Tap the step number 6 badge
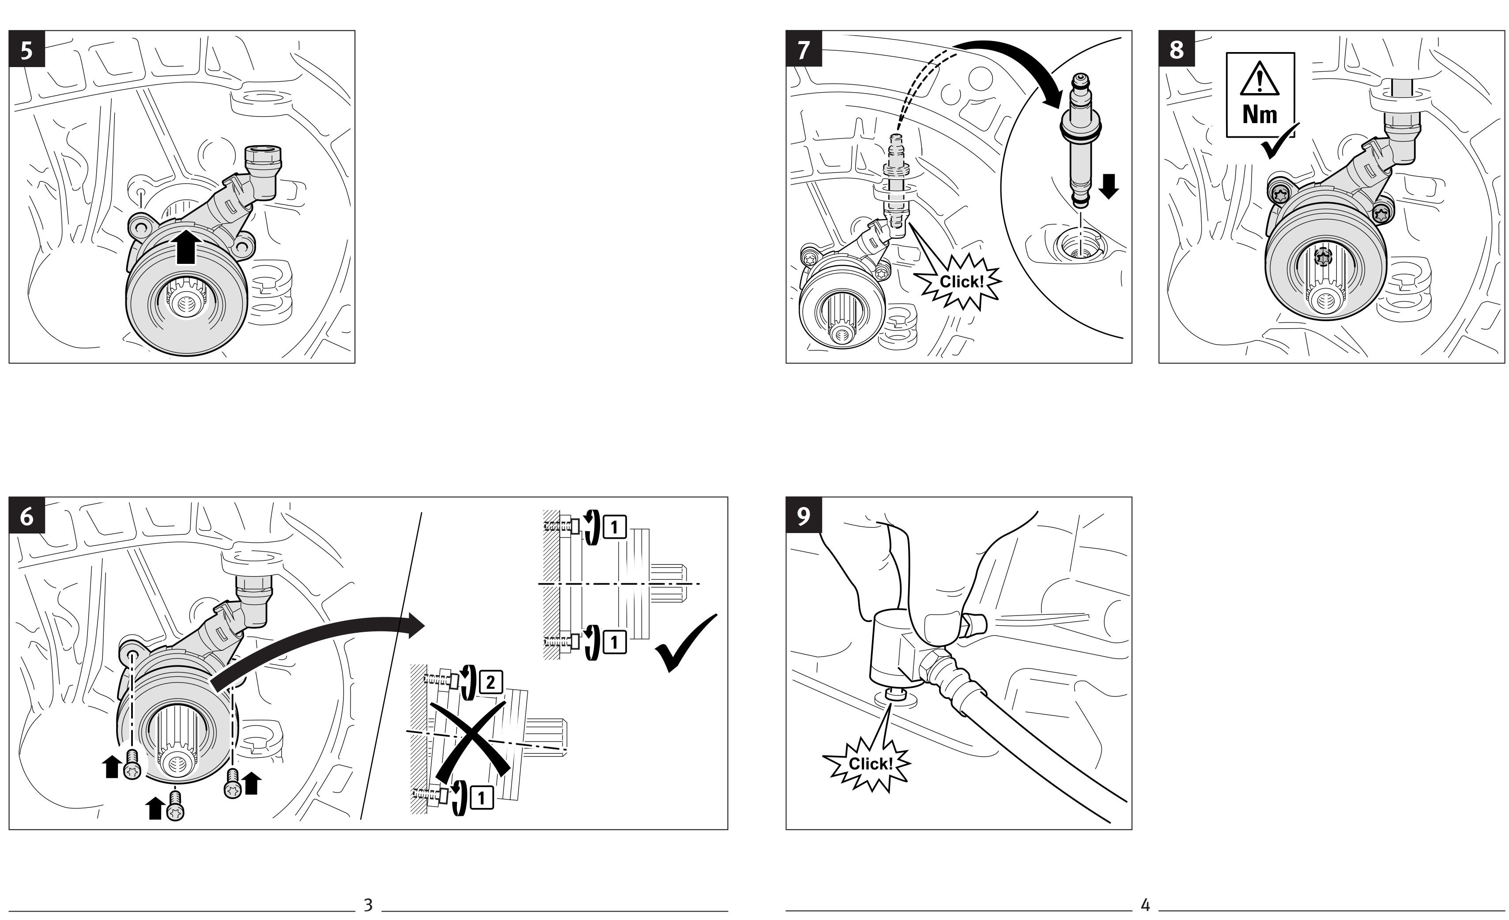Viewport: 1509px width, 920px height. point(27,516)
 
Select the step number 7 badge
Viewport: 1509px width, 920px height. point(804,49)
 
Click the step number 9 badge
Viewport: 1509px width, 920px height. point(804,516)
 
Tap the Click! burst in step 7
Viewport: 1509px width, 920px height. point(961,282)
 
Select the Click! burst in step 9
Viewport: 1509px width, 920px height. point(870,764)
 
